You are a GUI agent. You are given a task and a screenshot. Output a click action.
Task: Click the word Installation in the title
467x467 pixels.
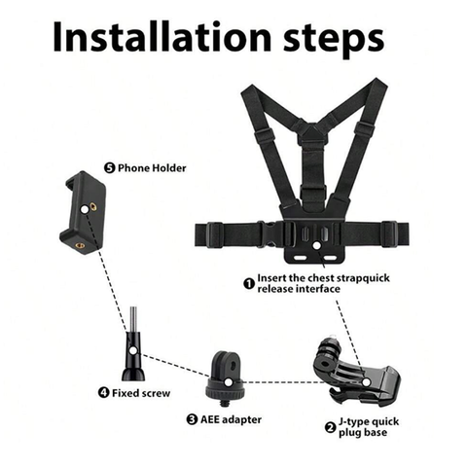(x=162, y=36)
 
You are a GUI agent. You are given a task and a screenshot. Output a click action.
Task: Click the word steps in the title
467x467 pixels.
(x=334, y=40)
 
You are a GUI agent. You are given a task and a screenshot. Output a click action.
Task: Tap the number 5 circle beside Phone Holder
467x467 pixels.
(x=110, y=168)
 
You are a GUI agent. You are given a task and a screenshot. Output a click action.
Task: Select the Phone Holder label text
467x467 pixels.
(x=152, y=168)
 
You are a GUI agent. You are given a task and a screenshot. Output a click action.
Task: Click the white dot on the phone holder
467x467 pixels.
(x=85, y=209)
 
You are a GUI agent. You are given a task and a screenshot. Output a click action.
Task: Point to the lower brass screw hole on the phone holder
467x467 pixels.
(x=81, y=245)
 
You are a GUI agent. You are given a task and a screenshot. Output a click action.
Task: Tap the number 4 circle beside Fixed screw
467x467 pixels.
(x=104, y=393)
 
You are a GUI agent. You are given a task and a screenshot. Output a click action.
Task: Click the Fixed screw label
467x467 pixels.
(x=141, y=393)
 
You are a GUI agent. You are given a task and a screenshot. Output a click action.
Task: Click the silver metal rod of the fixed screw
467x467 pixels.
(x=133, y=318)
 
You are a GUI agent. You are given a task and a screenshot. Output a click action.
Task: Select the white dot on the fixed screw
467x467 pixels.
(x=132, y=350)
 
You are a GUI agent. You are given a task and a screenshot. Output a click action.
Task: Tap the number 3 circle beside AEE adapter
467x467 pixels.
(x=192, y=419)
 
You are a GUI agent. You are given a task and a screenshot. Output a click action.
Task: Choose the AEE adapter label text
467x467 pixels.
(x=231, y=419)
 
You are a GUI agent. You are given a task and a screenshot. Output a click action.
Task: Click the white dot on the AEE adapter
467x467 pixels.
(x=229, y=382)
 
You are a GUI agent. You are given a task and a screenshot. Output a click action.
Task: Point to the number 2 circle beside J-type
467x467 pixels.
(x=330, y=427)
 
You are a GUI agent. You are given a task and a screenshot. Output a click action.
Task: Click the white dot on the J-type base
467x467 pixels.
(x=367, y=382)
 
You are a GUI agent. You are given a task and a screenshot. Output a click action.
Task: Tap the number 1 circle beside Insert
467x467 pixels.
(x=249, y=284)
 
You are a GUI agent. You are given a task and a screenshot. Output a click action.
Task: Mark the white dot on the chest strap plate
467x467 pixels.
(x=316, y=245)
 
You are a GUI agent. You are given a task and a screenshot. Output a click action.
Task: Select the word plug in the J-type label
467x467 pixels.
(x=349, y=433)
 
